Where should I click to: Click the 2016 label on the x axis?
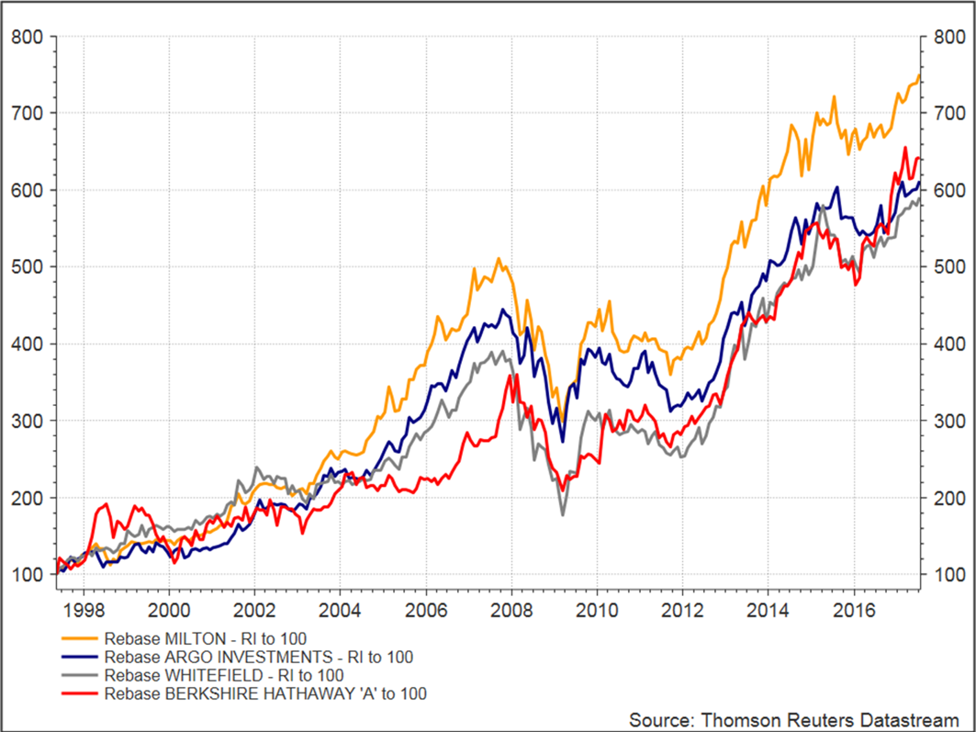coord(853,609)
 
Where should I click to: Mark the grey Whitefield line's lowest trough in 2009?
coord(563,515)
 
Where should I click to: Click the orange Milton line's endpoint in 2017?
coord(918,75)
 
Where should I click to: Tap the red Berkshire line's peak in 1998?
coord(107,503)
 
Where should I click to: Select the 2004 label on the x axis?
coord(340,609)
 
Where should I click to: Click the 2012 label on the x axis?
coord(682,609)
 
